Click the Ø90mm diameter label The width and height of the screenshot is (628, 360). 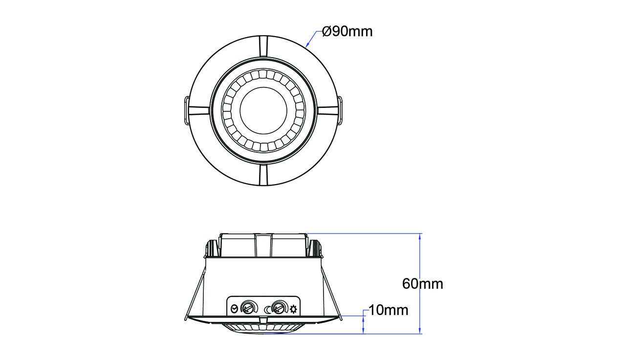(x=347, y=32)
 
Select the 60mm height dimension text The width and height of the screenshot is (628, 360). (x=423, y=284)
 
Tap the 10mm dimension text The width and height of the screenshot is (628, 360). (x=389, y=310)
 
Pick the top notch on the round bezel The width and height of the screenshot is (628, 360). (x=263, y=46)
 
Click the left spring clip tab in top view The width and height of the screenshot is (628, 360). (x=187, y=110)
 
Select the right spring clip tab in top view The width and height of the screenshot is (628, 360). (x=340, y=110)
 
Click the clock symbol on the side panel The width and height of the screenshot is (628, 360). (x=235, y=309)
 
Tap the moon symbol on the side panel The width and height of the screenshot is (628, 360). (x=267, y=309)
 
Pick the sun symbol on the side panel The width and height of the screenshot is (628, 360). (x=293, y=309)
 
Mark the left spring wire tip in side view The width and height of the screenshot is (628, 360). (x=185, y=319)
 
